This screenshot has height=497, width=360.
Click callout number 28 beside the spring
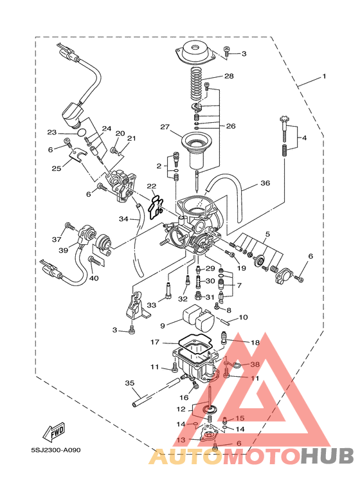pos(229,76)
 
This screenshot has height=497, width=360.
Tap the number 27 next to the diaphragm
pos(165,127)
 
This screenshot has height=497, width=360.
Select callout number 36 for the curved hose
pos(265,183)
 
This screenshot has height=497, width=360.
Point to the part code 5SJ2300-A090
pos(56,450)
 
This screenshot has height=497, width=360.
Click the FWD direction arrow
pos(54,432)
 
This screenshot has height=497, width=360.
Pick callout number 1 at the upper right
pos(324,77)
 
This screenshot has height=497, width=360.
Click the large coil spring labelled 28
pos(197,85)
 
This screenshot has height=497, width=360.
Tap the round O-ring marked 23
pos(82,132)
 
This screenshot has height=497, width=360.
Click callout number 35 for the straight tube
pos(130,383)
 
